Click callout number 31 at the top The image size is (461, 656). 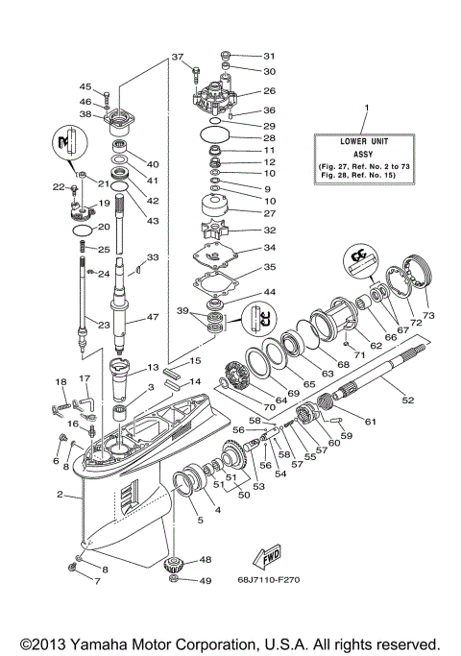[x=269, y=55]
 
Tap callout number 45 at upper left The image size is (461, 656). [x=85, y=87]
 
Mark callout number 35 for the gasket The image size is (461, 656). [x=269, y=267]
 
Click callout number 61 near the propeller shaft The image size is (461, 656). [x=371, y=422]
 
